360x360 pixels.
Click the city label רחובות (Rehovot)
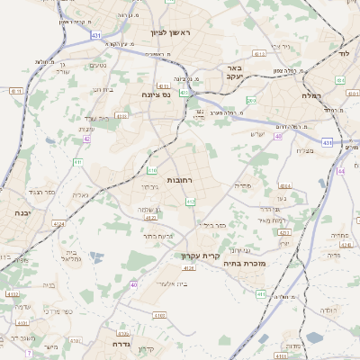181,180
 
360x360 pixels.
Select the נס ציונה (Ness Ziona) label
156,94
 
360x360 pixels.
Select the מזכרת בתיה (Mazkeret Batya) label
245,265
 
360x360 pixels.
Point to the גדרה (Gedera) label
122,343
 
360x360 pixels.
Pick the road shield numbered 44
340,170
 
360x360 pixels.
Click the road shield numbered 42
87,139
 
